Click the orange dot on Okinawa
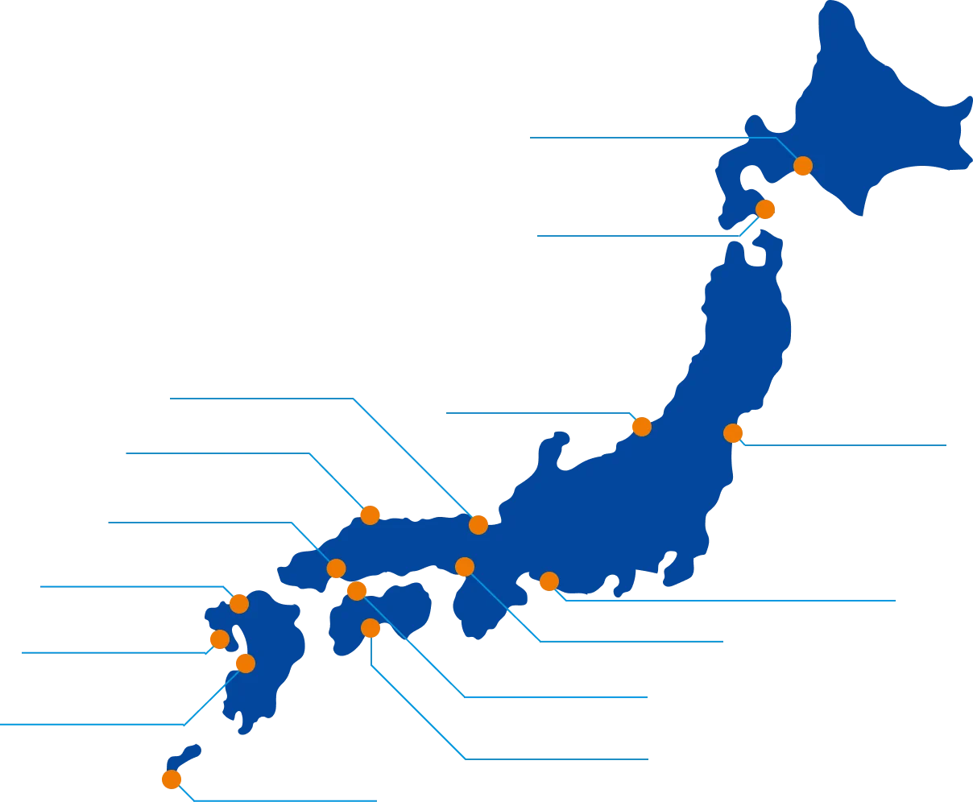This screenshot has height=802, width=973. [171, 779]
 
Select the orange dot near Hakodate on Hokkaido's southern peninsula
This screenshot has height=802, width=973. [765, 209]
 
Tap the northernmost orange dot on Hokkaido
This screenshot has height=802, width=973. [802, 166]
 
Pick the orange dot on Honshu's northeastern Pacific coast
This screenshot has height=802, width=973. [733, 433]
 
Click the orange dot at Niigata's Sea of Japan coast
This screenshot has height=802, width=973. [641, 426]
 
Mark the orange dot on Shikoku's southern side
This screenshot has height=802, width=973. [371, 628]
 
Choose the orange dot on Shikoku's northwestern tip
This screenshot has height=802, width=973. [356, 591]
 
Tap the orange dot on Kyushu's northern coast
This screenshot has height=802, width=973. [238, 604]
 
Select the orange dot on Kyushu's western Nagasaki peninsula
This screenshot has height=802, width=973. [218, 639]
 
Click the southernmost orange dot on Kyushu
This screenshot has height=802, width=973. [245, 664]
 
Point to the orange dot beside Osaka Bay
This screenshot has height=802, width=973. [464, 567]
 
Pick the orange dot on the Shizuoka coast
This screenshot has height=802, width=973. [549, 581]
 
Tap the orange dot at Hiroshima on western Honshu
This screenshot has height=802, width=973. [337, 568]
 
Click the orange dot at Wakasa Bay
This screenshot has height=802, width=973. [478, 525]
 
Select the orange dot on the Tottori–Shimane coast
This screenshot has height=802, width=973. [370, 515]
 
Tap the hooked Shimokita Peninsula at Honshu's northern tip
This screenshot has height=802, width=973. [770, 250]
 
